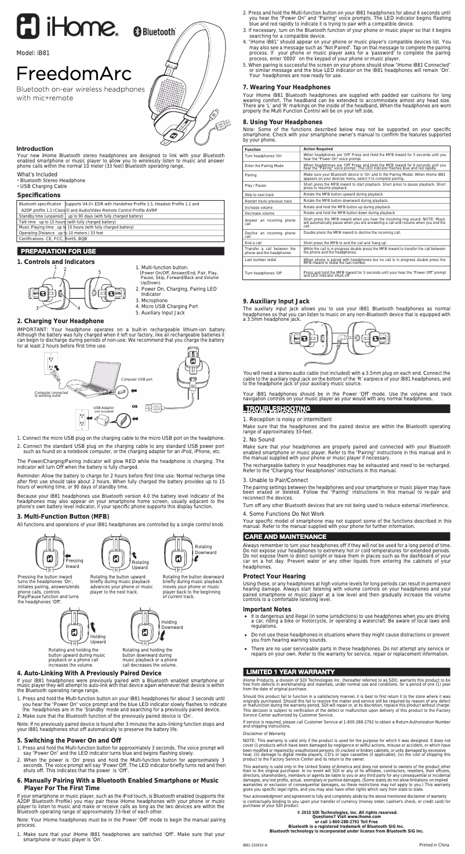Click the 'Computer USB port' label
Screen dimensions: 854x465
(x=137, y=378)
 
